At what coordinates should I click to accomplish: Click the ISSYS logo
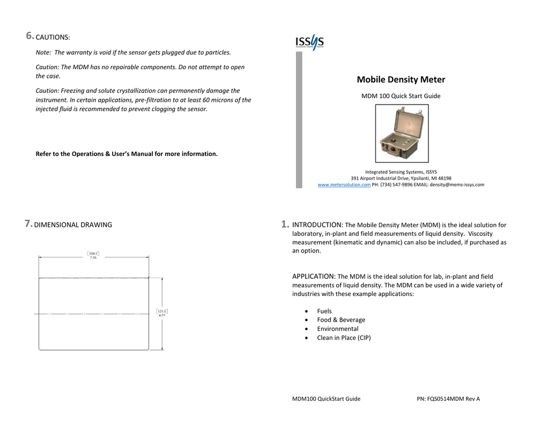[309, 42]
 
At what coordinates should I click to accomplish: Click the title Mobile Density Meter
[401, 80]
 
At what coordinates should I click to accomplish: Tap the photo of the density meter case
[402, 133]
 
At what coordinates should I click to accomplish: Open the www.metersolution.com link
[344, 185]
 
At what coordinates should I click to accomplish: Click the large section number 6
[30, 36]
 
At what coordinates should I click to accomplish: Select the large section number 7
[28, 224]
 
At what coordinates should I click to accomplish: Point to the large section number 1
[285, 225]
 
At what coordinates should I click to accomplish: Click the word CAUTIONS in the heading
[52, 38]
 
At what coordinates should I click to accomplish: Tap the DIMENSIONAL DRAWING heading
[73, 225]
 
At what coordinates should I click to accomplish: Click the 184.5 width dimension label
[93, 254]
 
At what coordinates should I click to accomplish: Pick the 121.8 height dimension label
[162, 311]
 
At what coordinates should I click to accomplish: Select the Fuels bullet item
[324, 311]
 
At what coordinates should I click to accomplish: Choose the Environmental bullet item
[338, 329]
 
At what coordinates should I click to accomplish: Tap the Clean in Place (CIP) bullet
[344, 338]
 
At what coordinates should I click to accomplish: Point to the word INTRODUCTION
[317, 225]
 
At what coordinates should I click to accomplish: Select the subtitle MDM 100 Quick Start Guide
[401, 96]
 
